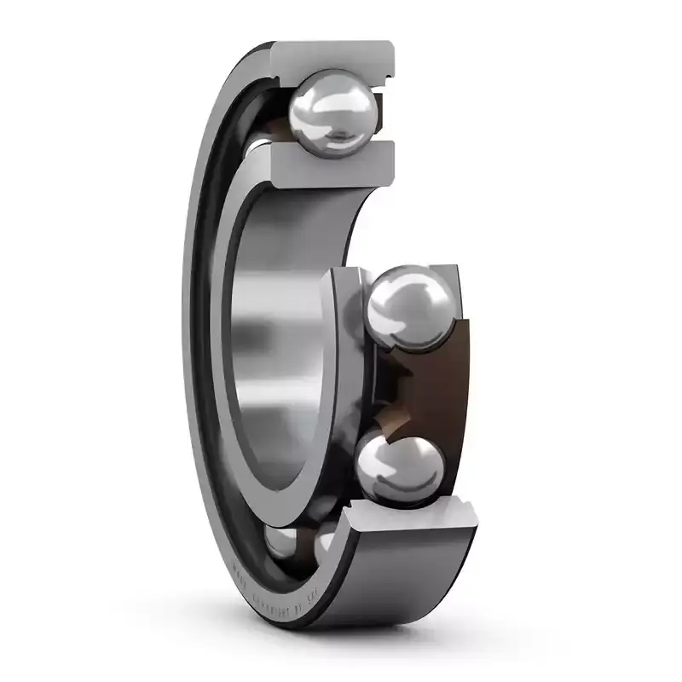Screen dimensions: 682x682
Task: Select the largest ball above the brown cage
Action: pyautogui.click(x=412, y=306)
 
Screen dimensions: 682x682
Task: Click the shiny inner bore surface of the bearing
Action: pyautogui.click(x=273, y=341)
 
